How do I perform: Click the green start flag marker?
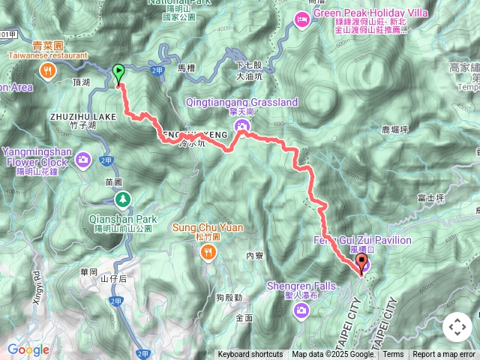118,73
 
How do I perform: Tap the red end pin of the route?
362,263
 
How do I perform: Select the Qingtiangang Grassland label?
244,102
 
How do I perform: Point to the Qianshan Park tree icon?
122,199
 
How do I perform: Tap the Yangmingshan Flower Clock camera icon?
83,159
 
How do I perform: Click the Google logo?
28,349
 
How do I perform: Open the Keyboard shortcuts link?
250,355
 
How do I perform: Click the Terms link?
393,355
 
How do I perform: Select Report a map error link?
445,355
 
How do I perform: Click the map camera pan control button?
457,327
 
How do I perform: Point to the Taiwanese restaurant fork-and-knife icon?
47,70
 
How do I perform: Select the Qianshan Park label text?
123,219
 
